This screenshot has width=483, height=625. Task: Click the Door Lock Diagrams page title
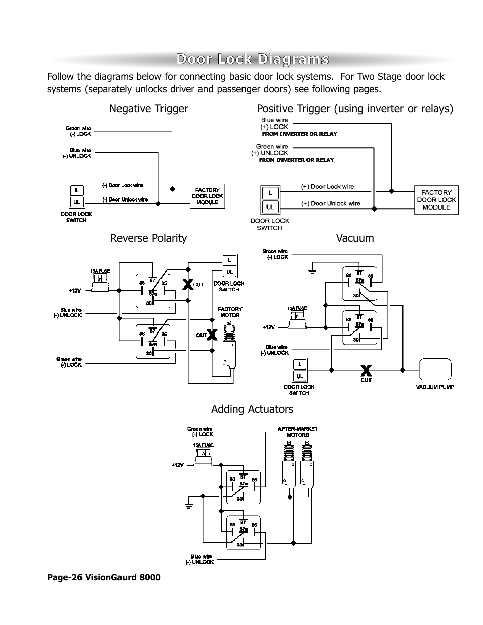pyautogui.click(x=252, y=60)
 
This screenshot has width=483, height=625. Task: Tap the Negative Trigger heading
pyautogui.click(x=148, y=109)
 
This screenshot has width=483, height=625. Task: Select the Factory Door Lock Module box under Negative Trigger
pyautogui.click(x=207, y=196)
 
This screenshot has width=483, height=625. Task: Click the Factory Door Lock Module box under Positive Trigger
pyautogui.click(x=436, y=200)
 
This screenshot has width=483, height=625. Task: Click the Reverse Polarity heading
pyautogui.click(x=148, y=238)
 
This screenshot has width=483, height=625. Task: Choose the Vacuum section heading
pyautogui.click(x=355, y=238)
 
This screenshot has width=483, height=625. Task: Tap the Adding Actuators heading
pyautogui.click(x=252, y=409)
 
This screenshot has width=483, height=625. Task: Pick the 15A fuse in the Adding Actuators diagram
pyautogui.click(x=203, y=456)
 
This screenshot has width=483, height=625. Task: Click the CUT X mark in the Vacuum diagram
pyautogui.click(x=366, y=370)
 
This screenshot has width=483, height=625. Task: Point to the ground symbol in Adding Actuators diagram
pyautogui.click(x=189, y=504)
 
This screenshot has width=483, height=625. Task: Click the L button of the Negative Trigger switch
pyautogui.click(x=76, y=190)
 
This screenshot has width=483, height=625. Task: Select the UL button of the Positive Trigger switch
pyautogui.click(x=270, y=207)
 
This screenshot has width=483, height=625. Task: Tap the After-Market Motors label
pyautogui.click(x=298, y=432)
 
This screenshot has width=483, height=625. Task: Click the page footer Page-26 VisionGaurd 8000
pyautogui.click(x=104, y=577)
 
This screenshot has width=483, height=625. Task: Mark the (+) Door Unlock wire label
pyautogui.click(x=331, y=203)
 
